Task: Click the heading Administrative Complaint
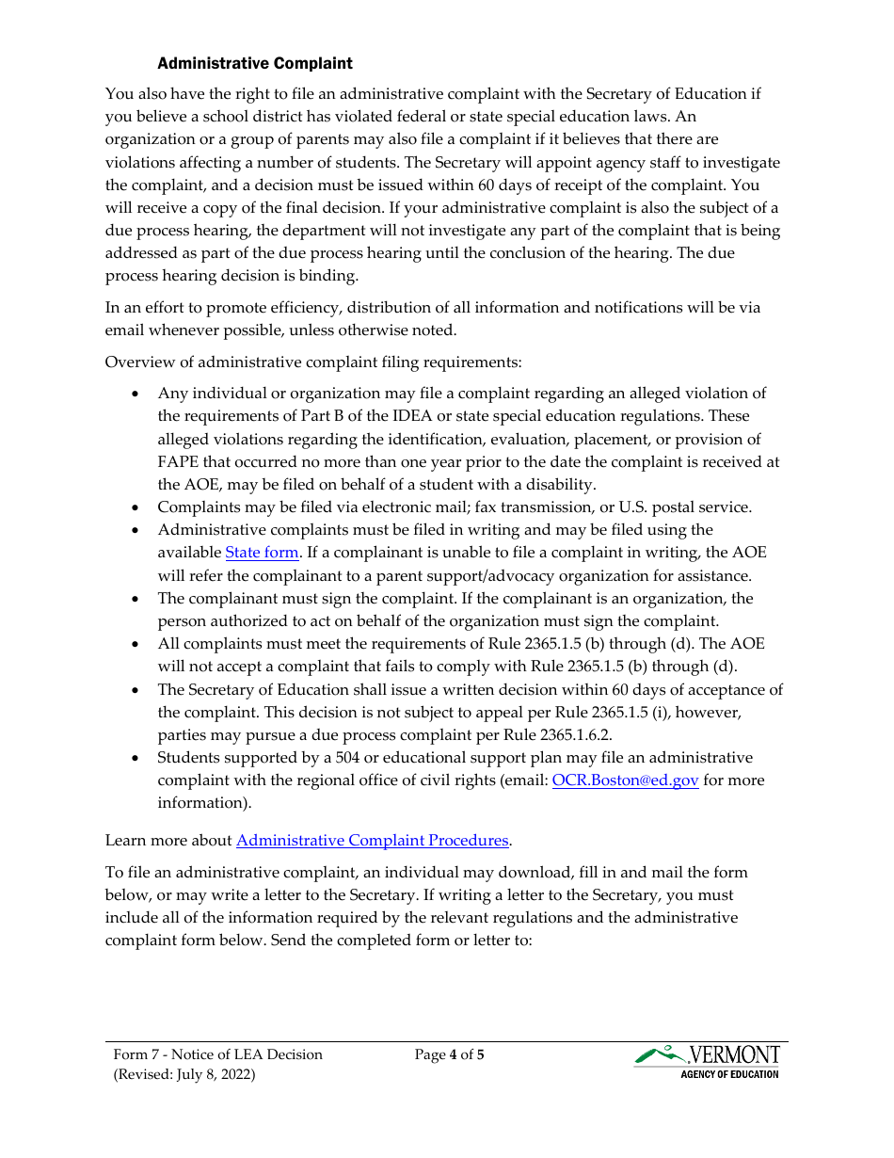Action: point(254,63)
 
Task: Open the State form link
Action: point(261,553)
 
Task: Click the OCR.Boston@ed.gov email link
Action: point(625,780)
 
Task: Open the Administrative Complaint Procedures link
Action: point(372,840)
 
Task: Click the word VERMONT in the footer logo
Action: point(734,1054)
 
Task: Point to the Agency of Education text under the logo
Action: point(729,1074)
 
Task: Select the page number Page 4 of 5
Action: point(449,1054)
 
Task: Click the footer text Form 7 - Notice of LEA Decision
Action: point(217,1054)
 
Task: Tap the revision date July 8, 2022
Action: point(215,1074)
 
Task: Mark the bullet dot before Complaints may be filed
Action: point(136,507)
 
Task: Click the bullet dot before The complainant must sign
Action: point(136,599)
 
